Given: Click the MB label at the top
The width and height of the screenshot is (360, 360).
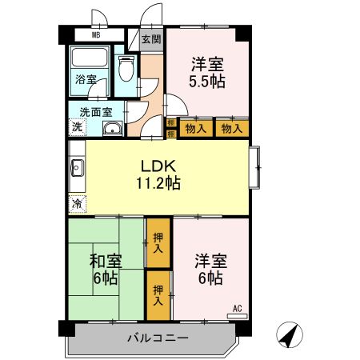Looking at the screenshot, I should tap(96, 36).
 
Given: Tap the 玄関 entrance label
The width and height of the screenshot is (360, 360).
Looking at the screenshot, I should tap(151, 38).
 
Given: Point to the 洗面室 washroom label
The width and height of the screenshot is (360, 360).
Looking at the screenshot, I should tap(90, 112).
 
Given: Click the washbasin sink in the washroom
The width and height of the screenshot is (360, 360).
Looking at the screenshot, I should tap(112, 128).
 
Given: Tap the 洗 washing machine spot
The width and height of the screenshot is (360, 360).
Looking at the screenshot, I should tap(78, 127).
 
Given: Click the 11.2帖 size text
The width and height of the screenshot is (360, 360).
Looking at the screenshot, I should tap(158, 183).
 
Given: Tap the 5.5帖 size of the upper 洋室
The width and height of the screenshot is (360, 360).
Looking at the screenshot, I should tap(206, 82).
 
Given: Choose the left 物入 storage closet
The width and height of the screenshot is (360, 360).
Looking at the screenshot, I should tap(195, 127).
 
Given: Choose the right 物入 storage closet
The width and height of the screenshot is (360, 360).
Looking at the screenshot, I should tap(231, 127).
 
